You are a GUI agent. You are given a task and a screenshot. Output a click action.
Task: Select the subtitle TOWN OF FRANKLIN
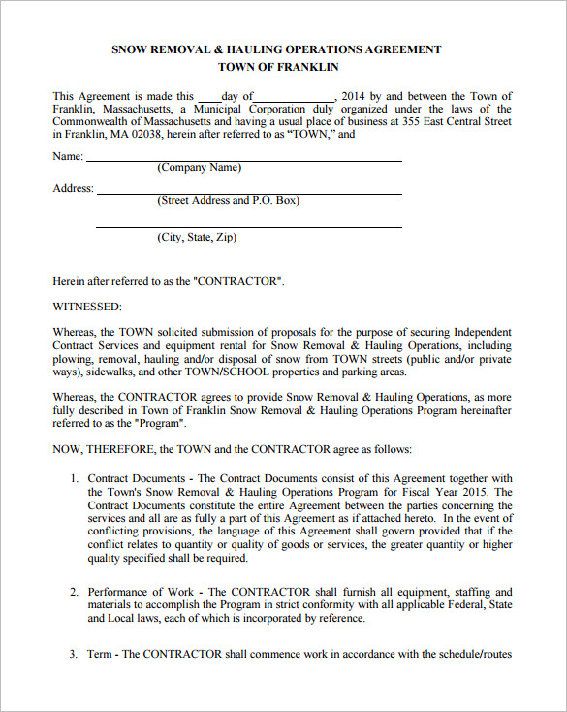278,68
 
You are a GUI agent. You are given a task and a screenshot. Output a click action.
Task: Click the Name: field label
68,155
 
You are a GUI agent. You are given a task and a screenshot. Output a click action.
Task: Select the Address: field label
73,188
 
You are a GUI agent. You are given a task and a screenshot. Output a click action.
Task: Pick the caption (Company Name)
199,168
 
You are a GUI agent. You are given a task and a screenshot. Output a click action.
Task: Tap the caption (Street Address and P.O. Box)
228,201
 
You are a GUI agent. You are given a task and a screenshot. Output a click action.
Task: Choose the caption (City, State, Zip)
196,237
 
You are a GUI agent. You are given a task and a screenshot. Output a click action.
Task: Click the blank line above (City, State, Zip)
248,226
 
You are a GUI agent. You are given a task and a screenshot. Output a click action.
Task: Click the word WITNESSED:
87,307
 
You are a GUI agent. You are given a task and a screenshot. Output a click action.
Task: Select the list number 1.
74,478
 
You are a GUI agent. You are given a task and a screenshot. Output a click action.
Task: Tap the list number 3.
74,654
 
